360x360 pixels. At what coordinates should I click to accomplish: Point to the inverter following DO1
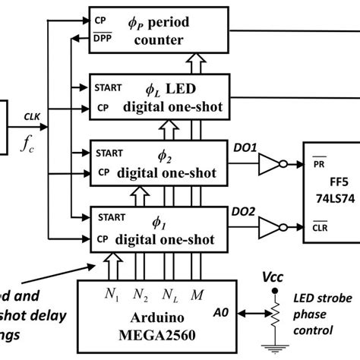[x=271, y=162]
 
